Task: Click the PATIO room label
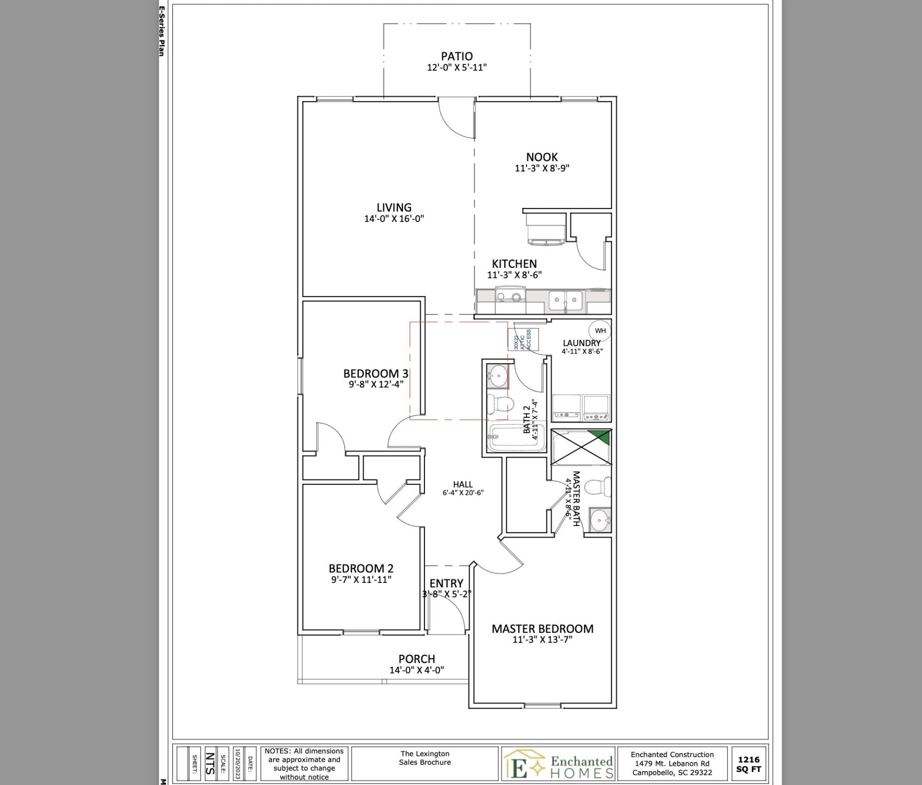[x=457, y=57]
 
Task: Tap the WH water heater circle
[x=600, y=331]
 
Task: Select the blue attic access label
[x=523, y=339]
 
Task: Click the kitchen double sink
[x=565, y=302]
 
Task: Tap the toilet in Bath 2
[x=499, y=403]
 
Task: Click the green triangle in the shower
[x=601, y=437]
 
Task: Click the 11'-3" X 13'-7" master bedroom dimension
[x=542, y=640]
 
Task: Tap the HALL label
[x=462, y=484]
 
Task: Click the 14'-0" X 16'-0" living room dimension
[x=394, y=219]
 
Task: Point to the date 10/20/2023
[x=237, y=763]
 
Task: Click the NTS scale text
[x=210, y=763]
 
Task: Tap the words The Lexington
[x=425, y=754]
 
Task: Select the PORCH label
[x=416, y=659]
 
